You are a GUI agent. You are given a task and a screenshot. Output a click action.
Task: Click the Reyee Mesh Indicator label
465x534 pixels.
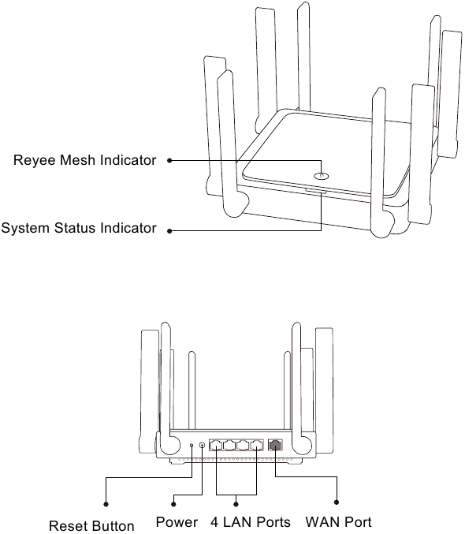(85, 160)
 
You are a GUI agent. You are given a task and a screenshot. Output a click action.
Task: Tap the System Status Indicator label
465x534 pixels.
(79, 228)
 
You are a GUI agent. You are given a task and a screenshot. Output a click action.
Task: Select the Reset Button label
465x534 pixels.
(91, 525)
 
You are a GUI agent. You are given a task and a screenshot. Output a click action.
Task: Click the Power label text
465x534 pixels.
(177, 521)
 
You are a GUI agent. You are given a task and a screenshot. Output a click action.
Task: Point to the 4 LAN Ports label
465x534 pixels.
(251, 521)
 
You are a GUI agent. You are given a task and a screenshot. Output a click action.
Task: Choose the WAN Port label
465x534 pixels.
(339, 521)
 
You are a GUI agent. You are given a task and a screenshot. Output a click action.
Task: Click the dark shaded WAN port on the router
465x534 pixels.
(275, 444)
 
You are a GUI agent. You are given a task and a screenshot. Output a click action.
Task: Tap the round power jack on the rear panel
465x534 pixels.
(203, 445)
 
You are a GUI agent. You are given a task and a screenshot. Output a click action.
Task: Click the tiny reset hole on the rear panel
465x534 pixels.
(192, 445)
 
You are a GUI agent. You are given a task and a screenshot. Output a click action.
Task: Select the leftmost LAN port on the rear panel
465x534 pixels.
(216, 445)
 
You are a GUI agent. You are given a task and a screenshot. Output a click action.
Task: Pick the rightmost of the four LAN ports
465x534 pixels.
(257, 445)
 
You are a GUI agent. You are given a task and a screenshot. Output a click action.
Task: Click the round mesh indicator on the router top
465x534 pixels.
(322, 176)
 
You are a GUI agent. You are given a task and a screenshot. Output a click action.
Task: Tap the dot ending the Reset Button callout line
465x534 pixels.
(106, 504)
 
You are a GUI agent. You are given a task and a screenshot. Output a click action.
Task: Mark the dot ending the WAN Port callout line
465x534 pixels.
(337, 502)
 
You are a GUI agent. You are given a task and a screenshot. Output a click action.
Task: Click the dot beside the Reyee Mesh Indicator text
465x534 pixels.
(169, 160)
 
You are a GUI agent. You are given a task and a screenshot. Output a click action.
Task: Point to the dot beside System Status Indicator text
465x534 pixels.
(169, 231)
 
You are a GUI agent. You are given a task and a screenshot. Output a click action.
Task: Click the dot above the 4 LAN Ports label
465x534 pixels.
(236, 504)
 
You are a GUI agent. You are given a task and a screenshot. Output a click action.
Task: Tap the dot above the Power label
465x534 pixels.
(173, 504)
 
